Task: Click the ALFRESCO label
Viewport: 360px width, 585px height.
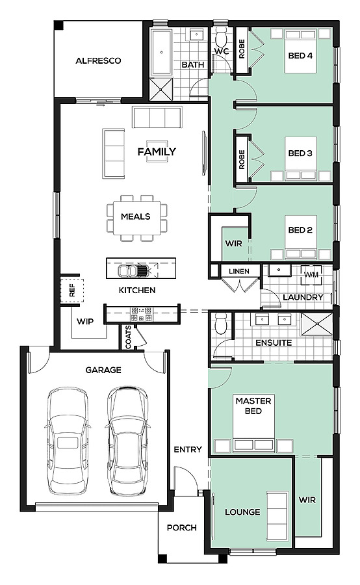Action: pos(98,61)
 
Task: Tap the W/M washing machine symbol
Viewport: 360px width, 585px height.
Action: pos(311,274)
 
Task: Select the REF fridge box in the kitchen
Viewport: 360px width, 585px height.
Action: pos(72,290)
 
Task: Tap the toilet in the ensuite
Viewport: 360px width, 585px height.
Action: pos(221,324)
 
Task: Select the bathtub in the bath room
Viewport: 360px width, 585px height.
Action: pos(161,53)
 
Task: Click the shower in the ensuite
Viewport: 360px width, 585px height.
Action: pos(316,324)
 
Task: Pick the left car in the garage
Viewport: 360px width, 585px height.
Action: pos(68,441)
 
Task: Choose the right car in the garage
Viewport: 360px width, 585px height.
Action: pos(127,441)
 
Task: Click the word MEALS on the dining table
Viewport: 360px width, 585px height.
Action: pos(136,216)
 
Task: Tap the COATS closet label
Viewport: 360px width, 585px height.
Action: pos(128,337)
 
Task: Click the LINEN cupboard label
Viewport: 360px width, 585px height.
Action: pos(239,271)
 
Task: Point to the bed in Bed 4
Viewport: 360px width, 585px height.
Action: pos(301,51)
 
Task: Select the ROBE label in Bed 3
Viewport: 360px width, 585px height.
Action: pos(242,159)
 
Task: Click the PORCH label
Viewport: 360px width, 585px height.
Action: pos(182,528)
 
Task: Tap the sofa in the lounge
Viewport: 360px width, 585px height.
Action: pos(277,516)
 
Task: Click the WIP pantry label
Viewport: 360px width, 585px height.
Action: pos(85,321)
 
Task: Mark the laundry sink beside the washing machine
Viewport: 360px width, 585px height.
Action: pos(278,270)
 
